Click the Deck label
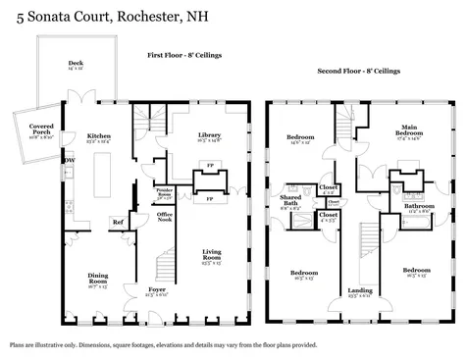tap(76, 63)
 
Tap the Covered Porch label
tap(41, 128)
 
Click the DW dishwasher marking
tap(69, 160)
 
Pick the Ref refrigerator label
tap(118, 222)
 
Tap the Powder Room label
tap(165, 193)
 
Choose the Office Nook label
tap(165, 217)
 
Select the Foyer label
tap(158, 290)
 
